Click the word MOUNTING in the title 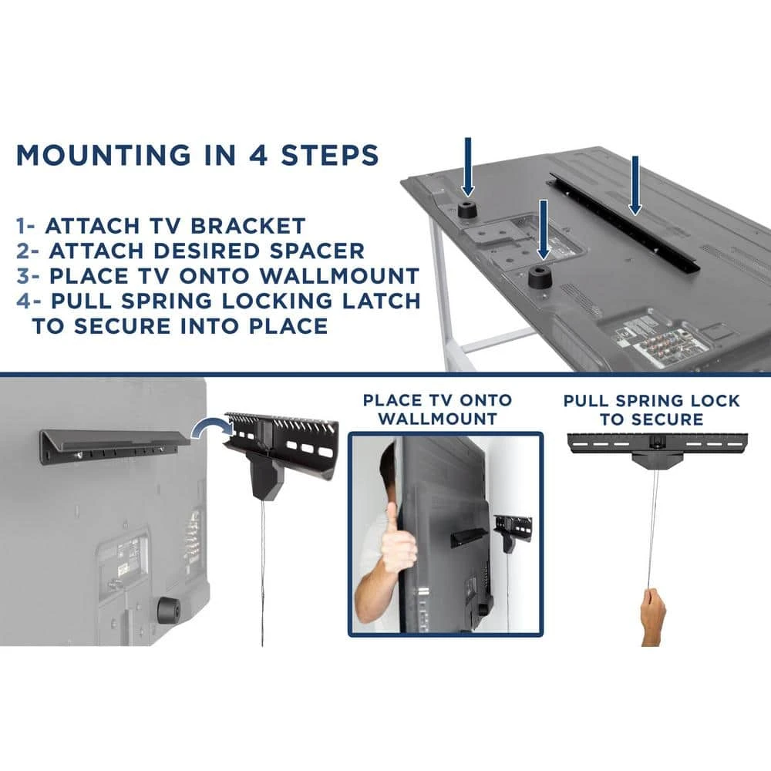click(103, 155)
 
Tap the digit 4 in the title click(258, 155)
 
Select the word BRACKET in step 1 click(247, 226)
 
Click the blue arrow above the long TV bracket click(635, 185)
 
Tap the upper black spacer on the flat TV click(468, 210)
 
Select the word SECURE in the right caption click(668, 419)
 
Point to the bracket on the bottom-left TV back click(115, 446)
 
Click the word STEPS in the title click(329, 155)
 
